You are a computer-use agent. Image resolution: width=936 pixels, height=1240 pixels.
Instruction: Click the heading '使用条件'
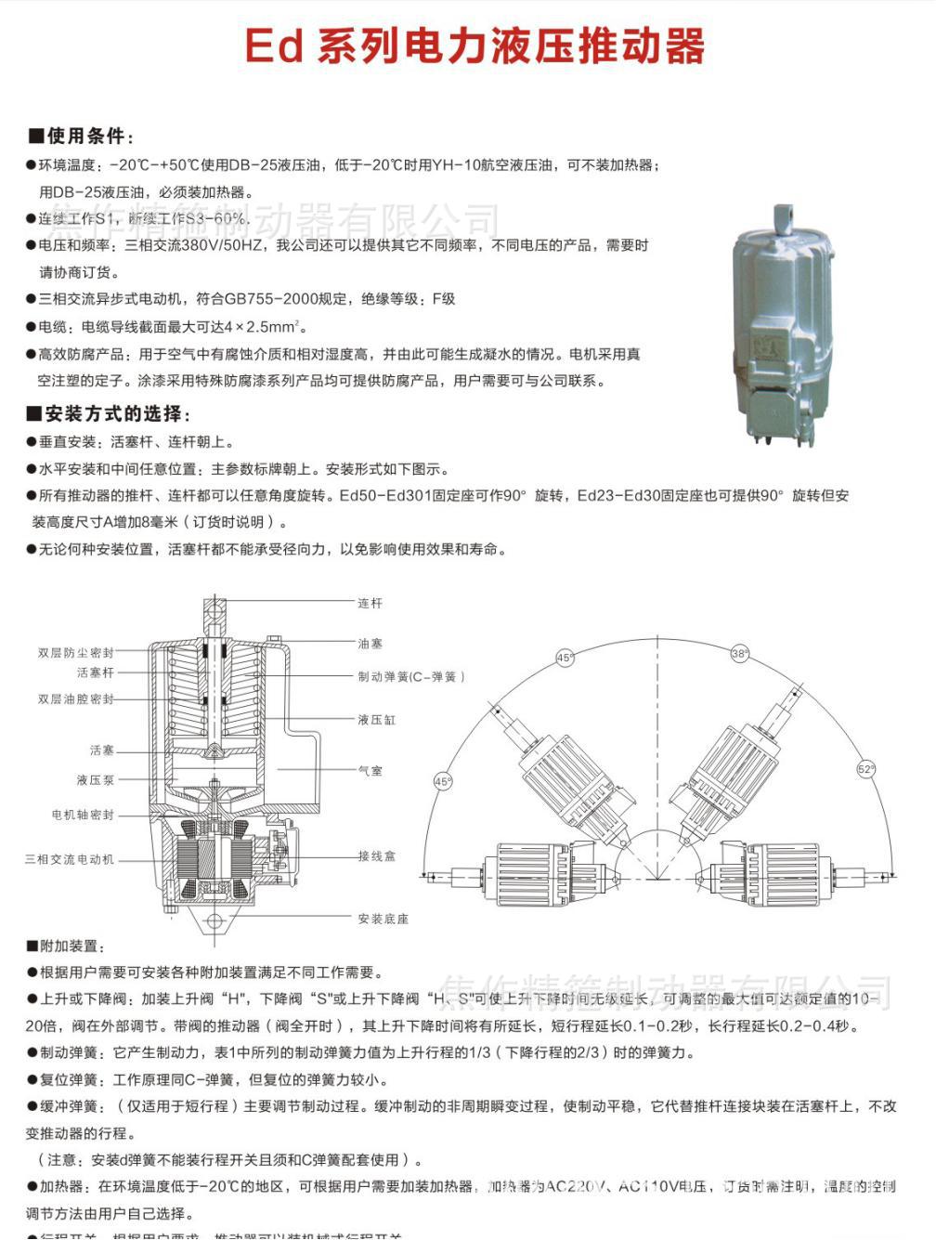pyautogui.click(x=85, y=137)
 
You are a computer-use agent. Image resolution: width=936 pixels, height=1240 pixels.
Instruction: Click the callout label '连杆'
pyautogui.click(x=370, y=604)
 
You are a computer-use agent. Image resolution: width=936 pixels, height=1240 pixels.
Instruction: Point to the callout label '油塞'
pyautogui.click(x=370, y=644)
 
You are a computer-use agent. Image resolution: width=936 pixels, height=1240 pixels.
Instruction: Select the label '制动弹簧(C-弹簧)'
pyautogui.click(x=410, y=677)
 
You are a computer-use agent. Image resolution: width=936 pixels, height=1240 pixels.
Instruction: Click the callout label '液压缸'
pyautogui.click(x=376, y=720)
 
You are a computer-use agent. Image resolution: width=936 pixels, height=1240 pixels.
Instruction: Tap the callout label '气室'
pyautogui.click(x=370, y=771)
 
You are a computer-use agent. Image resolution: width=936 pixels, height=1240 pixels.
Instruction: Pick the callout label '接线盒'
pyautogui.click(x=376, y=856)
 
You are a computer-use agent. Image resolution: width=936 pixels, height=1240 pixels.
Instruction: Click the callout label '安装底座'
pyautogui.click(x=383, y=919)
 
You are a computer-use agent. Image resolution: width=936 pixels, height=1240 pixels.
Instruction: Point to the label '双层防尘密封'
pyautogui.click(x=76, y=653)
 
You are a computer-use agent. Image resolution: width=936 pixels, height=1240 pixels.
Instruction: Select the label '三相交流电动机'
pyautogui.click(x=70, y=860)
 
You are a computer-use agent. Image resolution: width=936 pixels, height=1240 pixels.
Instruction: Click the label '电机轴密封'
pyautogui.click(x=83, y=815)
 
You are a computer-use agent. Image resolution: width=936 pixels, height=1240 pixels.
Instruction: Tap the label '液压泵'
pyautogui.click(x=95, y=780)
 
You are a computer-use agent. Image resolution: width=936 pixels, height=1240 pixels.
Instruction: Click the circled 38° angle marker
pyautogui.click(x=739, y=654)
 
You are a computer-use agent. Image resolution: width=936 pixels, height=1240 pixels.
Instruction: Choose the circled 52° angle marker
pyautogui.click(x=865, y=769)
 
